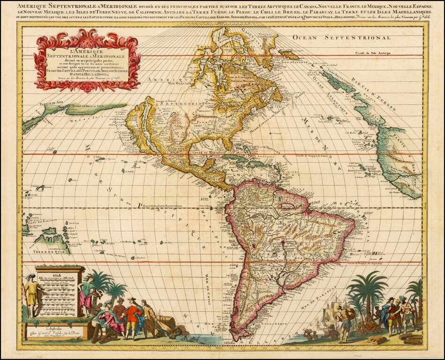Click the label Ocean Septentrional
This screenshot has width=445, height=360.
341,37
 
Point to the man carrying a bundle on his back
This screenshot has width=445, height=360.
344,316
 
